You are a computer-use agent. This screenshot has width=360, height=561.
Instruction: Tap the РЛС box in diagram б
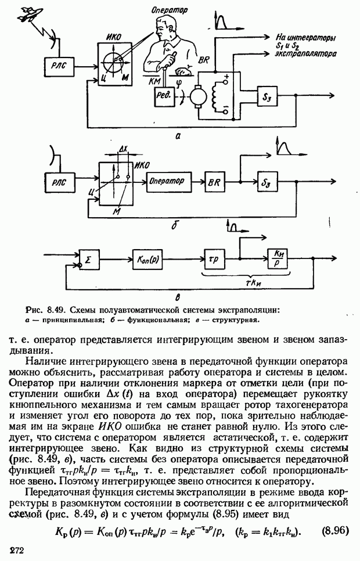(x=59, y=182)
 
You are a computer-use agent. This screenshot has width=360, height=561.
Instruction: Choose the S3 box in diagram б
(x=267, y=182)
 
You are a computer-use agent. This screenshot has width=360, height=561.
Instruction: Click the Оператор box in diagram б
(x=167, y=181)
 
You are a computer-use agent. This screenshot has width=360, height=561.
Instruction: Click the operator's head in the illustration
(x=167, y=27)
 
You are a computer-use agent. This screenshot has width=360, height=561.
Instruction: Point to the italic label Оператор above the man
(x=169, y=9)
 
